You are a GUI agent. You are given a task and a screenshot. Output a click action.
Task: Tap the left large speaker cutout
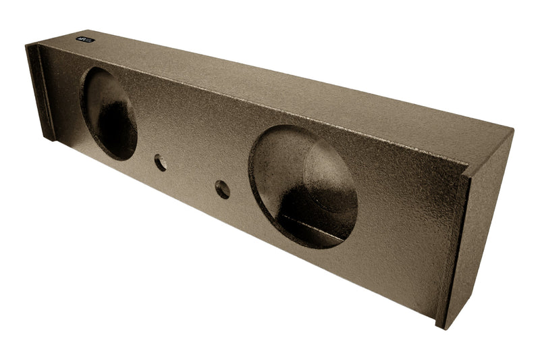[x=109, y=113]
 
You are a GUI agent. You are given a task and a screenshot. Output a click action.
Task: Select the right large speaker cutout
[x=303, y=186]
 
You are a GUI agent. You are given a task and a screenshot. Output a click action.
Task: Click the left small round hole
[x=160, y=162]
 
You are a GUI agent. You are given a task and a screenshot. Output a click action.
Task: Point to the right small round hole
[x=222, y=190]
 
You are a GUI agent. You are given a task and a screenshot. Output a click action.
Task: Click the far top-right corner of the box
[x=512, y=130]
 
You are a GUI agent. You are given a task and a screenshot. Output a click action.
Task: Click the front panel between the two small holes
[x=191, y=176]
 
